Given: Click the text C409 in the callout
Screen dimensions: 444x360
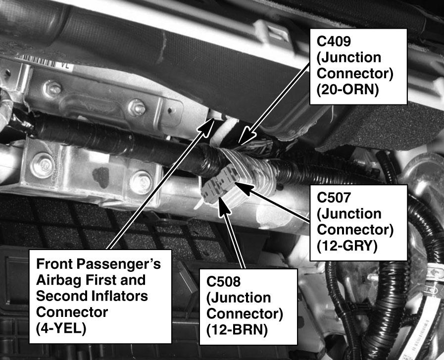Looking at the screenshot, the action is tap(334, 42).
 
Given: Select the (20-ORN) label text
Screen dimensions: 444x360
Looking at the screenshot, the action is tap(347, 90).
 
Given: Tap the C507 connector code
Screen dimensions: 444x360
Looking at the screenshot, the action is tap(334, 198).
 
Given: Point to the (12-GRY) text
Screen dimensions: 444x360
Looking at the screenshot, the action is tap(347, 246).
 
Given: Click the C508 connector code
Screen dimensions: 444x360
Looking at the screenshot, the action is tap(223, 281).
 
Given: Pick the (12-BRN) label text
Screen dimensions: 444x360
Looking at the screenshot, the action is tap(237, 330).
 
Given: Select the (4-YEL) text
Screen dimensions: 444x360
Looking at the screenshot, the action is tap(61, 329).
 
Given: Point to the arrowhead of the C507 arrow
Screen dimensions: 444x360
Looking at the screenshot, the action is tap(243, 188).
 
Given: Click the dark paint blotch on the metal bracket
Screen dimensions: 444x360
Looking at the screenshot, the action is tap(101, 177).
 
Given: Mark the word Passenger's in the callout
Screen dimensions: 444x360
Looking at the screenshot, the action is tap(119, 264).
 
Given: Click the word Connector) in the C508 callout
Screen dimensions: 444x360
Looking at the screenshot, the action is tap(245, 314).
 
